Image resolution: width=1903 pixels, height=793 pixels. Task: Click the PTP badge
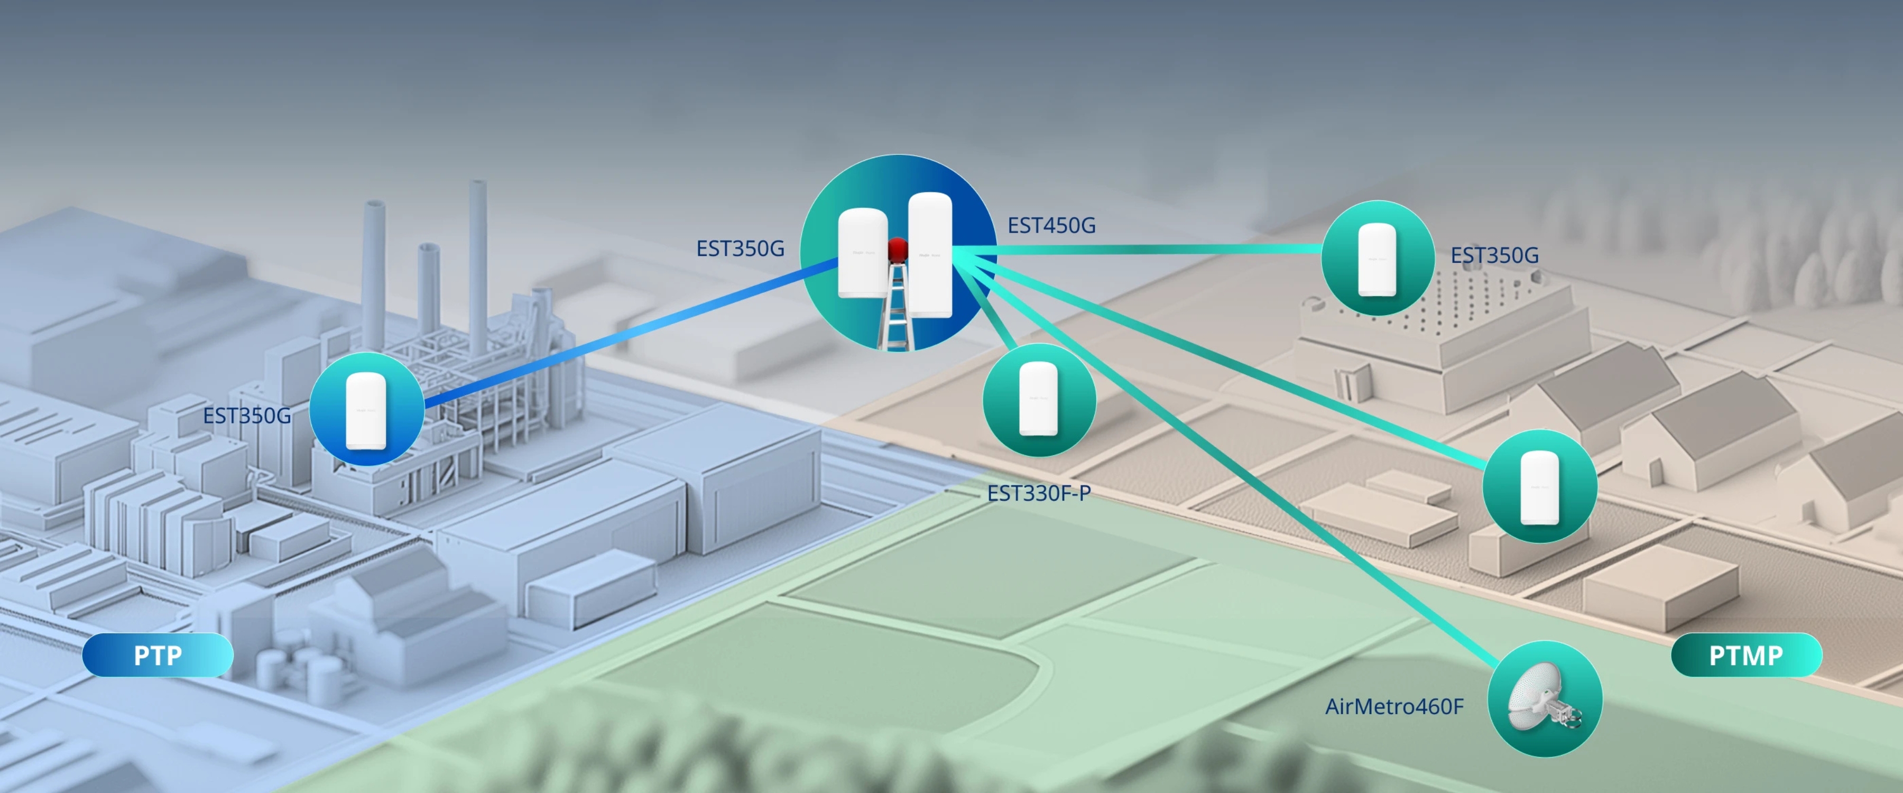pyautogui.click(x=158, y=655)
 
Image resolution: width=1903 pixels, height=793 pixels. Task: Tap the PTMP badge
pyautogui.click(x=1747, y=655)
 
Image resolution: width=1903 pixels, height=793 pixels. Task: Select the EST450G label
pyautogui.click(x=1051, y=225)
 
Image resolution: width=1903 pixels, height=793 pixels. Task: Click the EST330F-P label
pyautogui.click(x=1039, y=493)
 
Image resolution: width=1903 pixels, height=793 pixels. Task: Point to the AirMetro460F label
pyautogui.click(x=1394, y=706)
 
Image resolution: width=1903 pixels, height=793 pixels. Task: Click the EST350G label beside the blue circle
pyautogui.click(x=247, y=416)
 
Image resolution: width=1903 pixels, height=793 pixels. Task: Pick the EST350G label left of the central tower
pyautogui.click(x=740, y=249)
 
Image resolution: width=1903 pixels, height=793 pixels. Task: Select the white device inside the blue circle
pyautogui.click(x=366, y=410)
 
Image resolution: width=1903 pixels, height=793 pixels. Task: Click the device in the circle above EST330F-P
pyautogui.click(x=1039, y=399)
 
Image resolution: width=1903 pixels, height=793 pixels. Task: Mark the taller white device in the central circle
pyautogui.click(x=929, y=255)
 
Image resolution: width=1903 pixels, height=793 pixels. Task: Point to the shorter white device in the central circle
pyautogui.click(x=862, y=253)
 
